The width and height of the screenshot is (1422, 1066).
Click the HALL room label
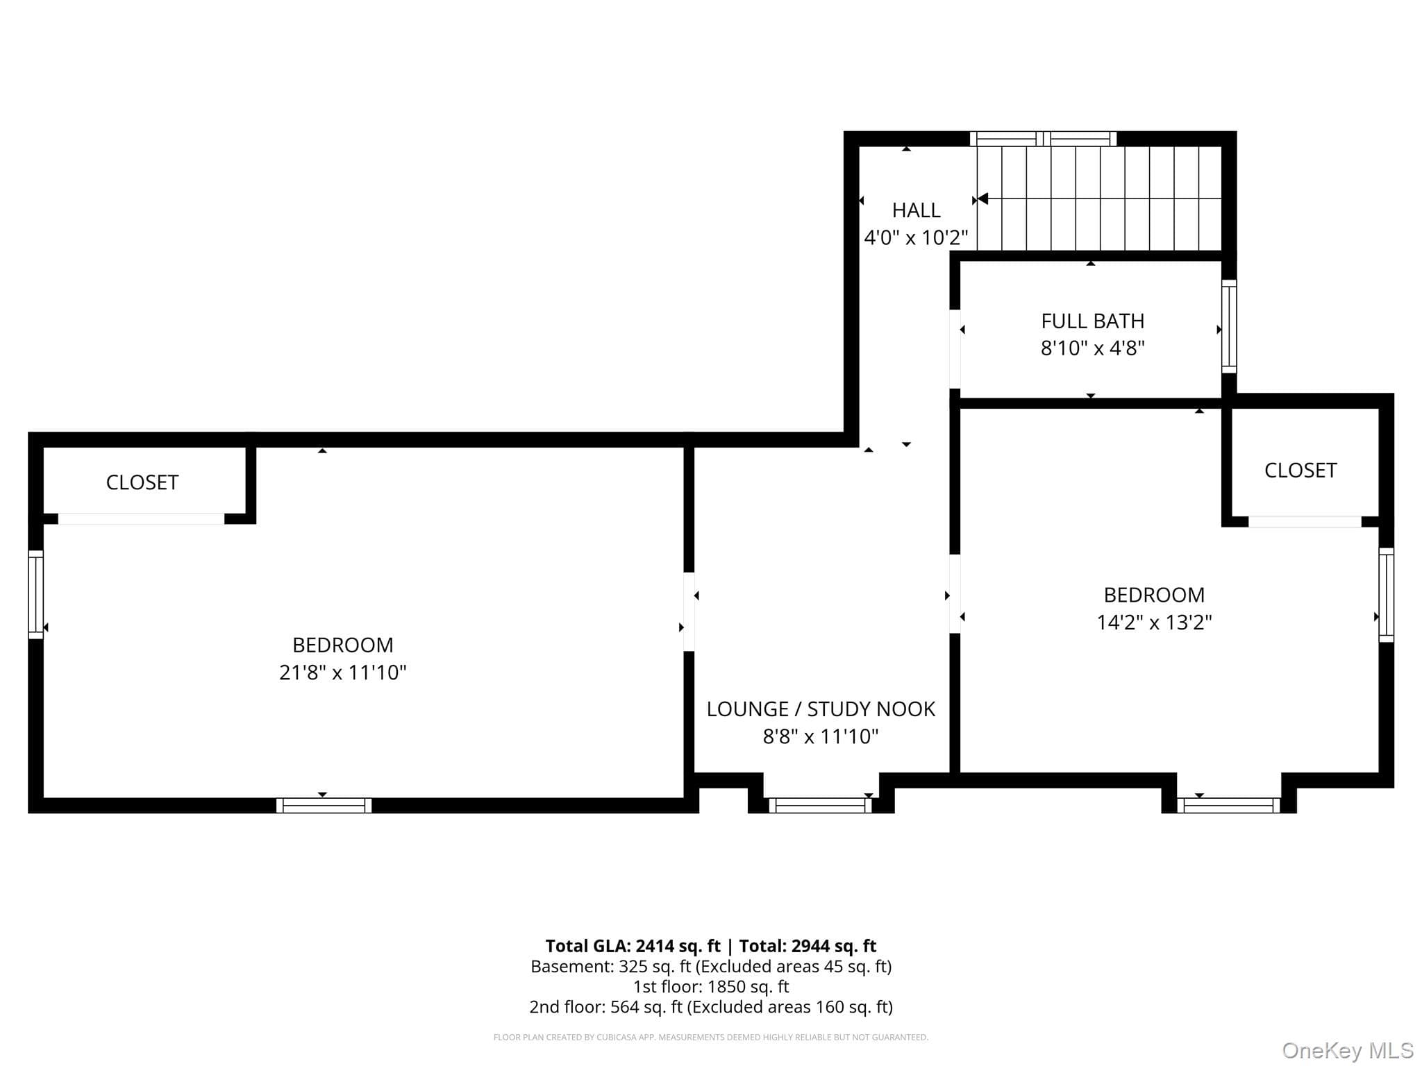pyautogui.click(x=916, y=210)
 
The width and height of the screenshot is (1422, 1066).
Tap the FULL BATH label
pyautogui.click(x=1092, y=321)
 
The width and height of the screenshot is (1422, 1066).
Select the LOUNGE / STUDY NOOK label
pyautogui.click(x=821, y=709)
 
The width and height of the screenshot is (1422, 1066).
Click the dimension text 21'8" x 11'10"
pyautogui.click(x=342, y=672)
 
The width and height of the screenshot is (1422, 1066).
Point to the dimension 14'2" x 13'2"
pyautogui.click(x=1154, y=622)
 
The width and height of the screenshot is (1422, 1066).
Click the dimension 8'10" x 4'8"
pyautogui.click(x=1092, y=348)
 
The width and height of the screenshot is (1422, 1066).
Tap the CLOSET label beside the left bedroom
pyautogui.click(x=142, y=482)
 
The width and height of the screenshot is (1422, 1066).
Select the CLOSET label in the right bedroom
pyautogui.click(x=1300, y=470)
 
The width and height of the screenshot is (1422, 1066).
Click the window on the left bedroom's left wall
pyautogui.click(x=35, y=594)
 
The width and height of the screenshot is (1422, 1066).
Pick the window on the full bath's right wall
pyautogui.click(x=1229, y=326)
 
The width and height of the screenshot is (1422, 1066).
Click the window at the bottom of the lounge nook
pyautogui.click(x=820, y=805)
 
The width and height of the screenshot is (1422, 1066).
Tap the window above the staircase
pyautogui.click(x=1043, y=138)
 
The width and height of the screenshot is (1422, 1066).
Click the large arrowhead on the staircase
pyautogui.click(x=982, y=199)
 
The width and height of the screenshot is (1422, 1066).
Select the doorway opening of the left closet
pyautogui.click(x=141, y=518)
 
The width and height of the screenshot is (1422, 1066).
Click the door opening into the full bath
pyautogui.click(x=955, y=349)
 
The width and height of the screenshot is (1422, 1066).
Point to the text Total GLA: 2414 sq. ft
pyautogui.click(x=633, y=946)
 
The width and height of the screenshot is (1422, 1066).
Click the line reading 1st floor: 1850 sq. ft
pyautogui.click(x=711, y=986)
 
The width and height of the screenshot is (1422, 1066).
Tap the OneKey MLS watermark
pyautogui.click(x=1348, y=1051)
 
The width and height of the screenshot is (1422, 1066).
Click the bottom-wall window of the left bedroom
pyautogui.click(x=324, y=805)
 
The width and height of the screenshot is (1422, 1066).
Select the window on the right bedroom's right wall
pyautogui.click(x=1386, y=595)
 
